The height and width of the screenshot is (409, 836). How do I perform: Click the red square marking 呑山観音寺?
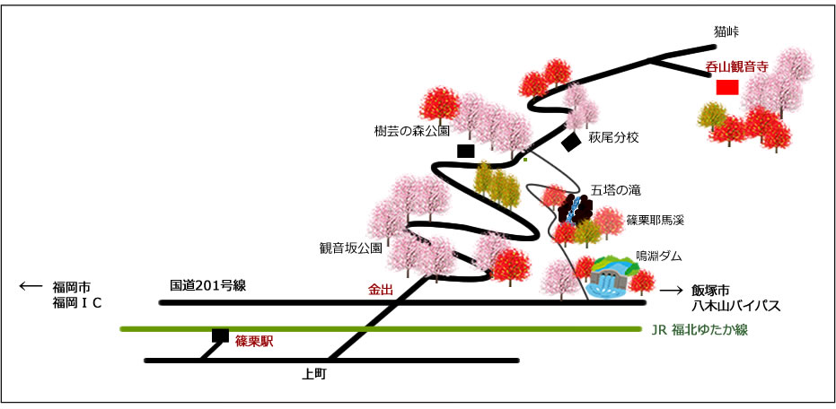pyautogui.click(x=727, y=87)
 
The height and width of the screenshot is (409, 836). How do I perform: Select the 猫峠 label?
pyautogui.click(x=726, y=32)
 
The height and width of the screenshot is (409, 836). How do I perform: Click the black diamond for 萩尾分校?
pyautogui.click(x=571, y=143)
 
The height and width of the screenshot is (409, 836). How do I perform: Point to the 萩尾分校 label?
pyautogui.click(x=613, y=138)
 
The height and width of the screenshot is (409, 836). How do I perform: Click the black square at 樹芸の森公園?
pyautogui.click(x=466, y=152)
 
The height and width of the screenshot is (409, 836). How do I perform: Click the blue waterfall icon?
pyautogui.click(x=574, y=209)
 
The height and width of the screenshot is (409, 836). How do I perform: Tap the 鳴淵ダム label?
pyautogui.click(x=659, y=257)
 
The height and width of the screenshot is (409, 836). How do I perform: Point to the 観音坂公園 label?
pyautogui.click(x=351, y=248)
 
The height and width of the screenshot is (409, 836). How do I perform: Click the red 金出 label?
pyautogui.click(x=381, y=291)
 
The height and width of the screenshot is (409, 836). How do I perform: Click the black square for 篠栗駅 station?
pyautogui.click(x=220, y=335)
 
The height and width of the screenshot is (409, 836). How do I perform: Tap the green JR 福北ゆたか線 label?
pyautogui.click(x=700, y=330)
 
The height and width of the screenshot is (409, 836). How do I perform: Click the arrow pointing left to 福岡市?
pyautogui.click(x=31, y=286)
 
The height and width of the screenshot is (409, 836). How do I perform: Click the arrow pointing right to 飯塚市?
pyautogui.click(x=672, y=291)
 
